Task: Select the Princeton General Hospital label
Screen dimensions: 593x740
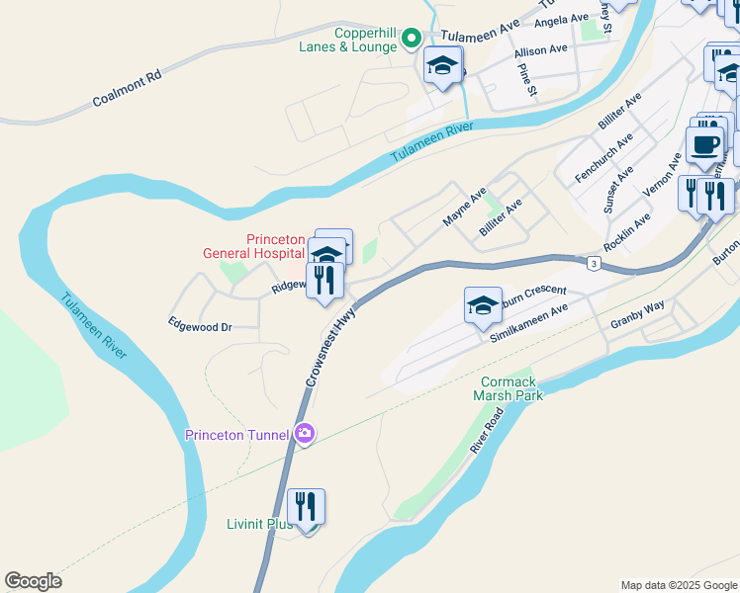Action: point(278,246)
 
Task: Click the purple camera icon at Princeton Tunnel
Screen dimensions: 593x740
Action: point(305,433)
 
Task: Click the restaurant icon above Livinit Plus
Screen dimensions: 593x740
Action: point(307,508)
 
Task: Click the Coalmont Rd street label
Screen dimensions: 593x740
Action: point(127,88)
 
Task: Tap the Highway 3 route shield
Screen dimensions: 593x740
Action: point(593,263)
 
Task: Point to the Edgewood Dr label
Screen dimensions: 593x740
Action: point(200,325)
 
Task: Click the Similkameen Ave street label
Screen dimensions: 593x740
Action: point(530,323)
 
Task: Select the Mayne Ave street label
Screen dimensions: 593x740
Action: point(465,207)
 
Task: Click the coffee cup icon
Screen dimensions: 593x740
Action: point(704,145)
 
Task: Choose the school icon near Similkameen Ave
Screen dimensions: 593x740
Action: point(483,305)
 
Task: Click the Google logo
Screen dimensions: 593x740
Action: point(33,581)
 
